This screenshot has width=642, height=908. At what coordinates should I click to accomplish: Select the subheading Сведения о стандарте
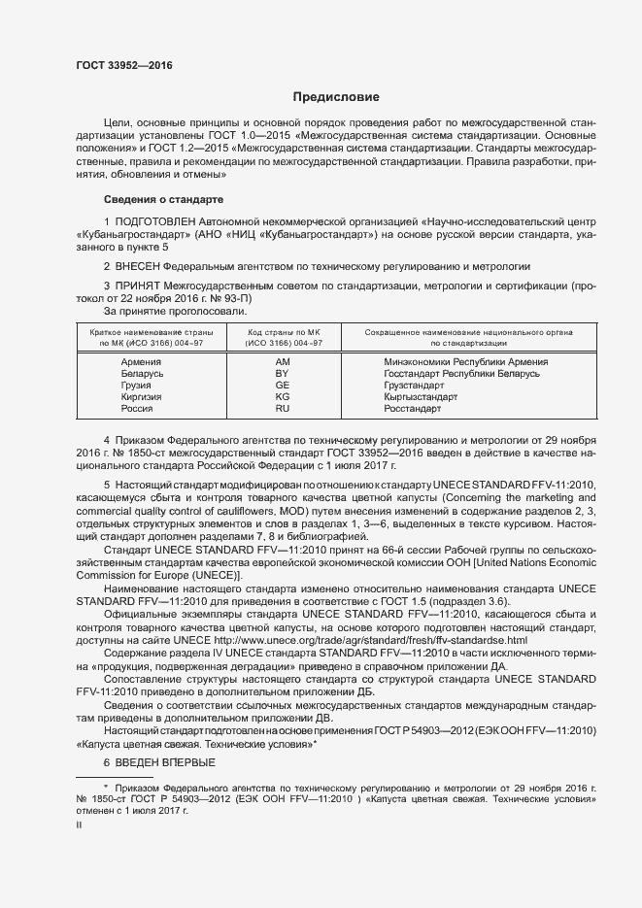click(163, 199)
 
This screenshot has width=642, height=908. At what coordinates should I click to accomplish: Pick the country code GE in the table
click(283, 386)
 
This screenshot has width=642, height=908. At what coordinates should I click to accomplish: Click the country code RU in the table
click(283, 409)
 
